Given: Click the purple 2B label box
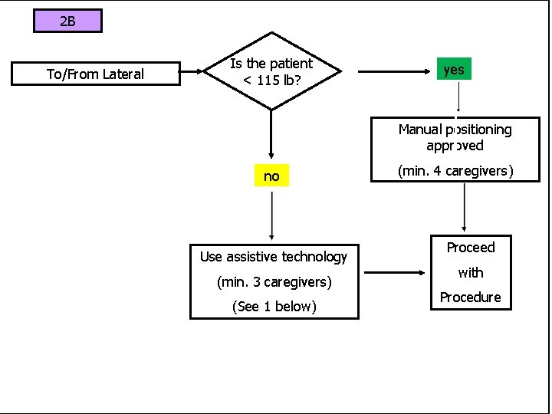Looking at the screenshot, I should pos(67,21).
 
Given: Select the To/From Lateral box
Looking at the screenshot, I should pos(95,74).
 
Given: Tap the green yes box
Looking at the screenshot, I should pos(454,70).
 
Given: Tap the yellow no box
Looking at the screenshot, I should pos(271,176).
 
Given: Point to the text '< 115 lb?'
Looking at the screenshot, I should pos(271,80).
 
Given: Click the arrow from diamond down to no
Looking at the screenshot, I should pos(271,134).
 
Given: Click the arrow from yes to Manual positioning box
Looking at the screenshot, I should pos(458,98).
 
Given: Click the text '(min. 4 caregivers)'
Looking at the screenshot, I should pos(455,171).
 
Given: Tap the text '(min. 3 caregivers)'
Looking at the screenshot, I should pos(274,282).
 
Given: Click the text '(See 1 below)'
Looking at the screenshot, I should pos(274,307).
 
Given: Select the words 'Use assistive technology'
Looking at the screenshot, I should pos(274,257).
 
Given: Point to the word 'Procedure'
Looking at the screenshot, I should pos(470,297).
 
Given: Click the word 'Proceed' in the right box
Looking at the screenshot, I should pos(470,248).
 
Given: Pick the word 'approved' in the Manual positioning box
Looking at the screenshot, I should pos(455,146).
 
